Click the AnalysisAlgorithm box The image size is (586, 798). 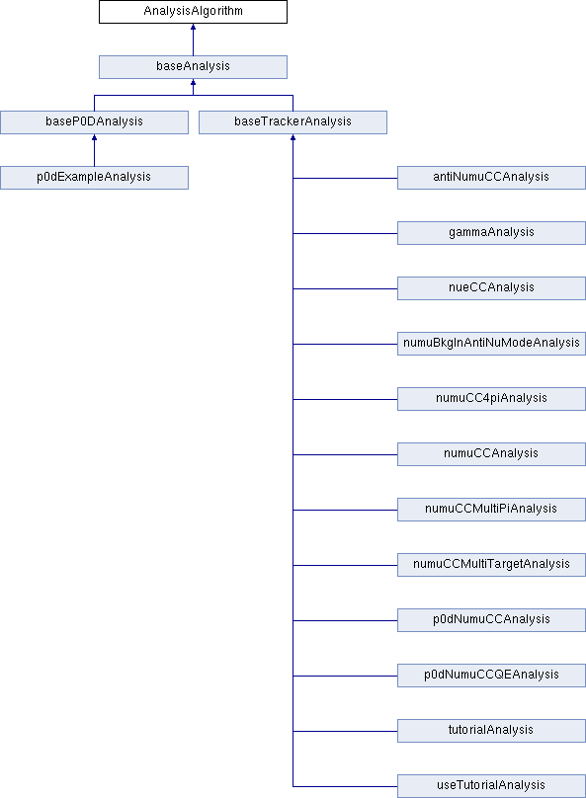click(x=193, y=12)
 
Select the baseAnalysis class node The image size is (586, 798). click(x=193, y=67)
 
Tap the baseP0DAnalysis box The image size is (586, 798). click(x=94, y=122)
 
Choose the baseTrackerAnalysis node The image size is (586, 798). click(x=293, y=122)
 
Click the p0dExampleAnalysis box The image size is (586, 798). click(x=94, y=178)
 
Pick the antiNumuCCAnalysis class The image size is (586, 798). click(x=491, y=178)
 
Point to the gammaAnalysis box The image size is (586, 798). click(x=491, y=233)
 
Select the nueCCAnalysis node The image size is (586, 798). click(x=491, y=288)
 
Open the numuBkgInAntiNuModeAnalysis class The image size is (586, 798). click(x=491, y=344)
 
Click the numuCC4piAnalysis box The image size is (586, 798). click(x=491, y=399)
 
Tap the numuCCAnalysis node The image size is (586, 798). click(x=491, y=454)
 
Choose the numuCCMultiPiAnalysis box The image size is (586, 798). click(x=491, y=510)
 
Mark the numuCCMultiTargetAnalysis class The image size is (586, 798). click(x=491, y=565)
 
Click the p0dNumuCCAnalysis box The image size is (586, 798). click(x=491, y=620)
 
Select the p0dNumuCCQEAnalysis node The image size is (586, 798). click(x=491, y=676)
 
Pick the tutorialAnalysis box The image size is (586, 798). click(x=491, y=731)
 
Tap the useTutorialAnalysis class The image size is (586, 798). click(x=491, y=786)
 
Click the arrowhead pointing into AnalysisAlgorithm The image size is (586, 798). click(x=193, y=27)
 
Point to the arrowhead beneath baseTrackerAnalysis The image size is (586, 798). click(x=293, y=137)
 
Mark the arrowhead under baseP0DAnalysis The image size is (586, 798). click(x=94, y=137)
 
